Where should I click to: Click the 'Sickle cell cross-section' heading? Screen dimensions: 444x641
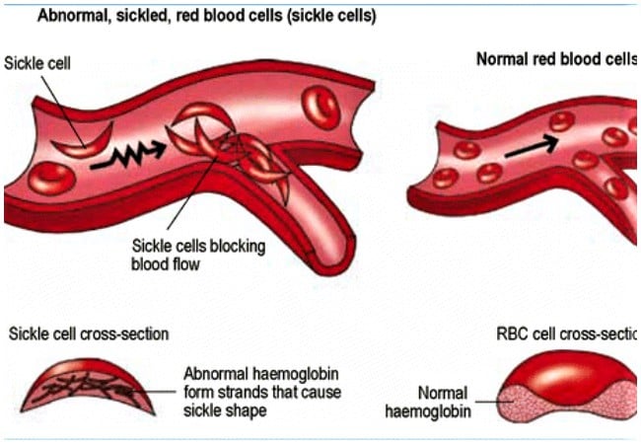[88, 333]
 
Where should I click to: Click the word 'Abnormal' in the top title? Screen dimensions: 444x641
[69, 18]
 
